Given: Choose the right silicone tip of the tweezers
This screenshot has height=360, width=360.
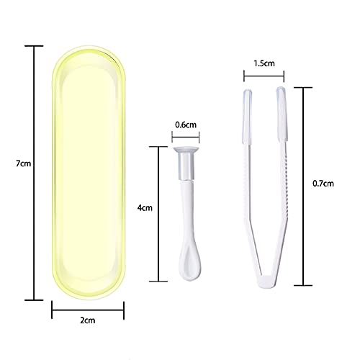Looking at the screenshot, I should pyautogui.click(x=282, y=104).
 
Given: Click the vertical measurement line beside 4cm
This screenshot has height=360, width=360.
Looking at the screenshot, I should pyautogui.click(x=158, y=213).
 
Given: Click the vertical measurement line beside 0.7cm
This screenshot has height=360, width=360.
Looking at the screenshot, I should pyautogui.click(x=304, y=184).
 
